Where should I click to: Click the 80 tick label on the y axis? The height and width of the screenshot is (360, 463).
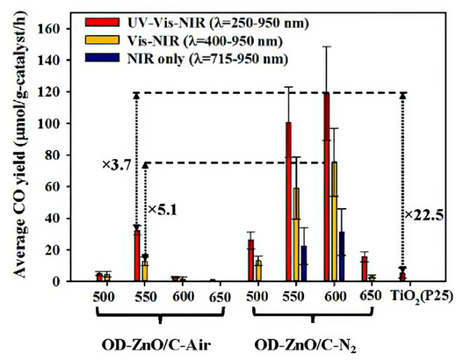(58, 155)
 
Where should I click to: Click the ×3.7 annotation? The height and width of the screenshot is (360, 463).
(115, 165)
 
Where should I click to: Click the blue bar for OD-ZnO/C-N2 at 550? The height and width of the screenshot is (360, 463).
(304, 264)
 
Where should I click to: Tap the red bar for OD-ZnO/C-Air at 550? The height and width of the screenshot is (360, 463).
(136, 256)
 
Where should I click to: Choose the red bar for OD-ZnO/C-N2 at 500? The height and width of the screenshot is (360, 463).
(250, 261)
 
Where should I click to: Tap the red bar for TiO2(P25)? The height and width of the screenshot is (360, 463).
(402, 277)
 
